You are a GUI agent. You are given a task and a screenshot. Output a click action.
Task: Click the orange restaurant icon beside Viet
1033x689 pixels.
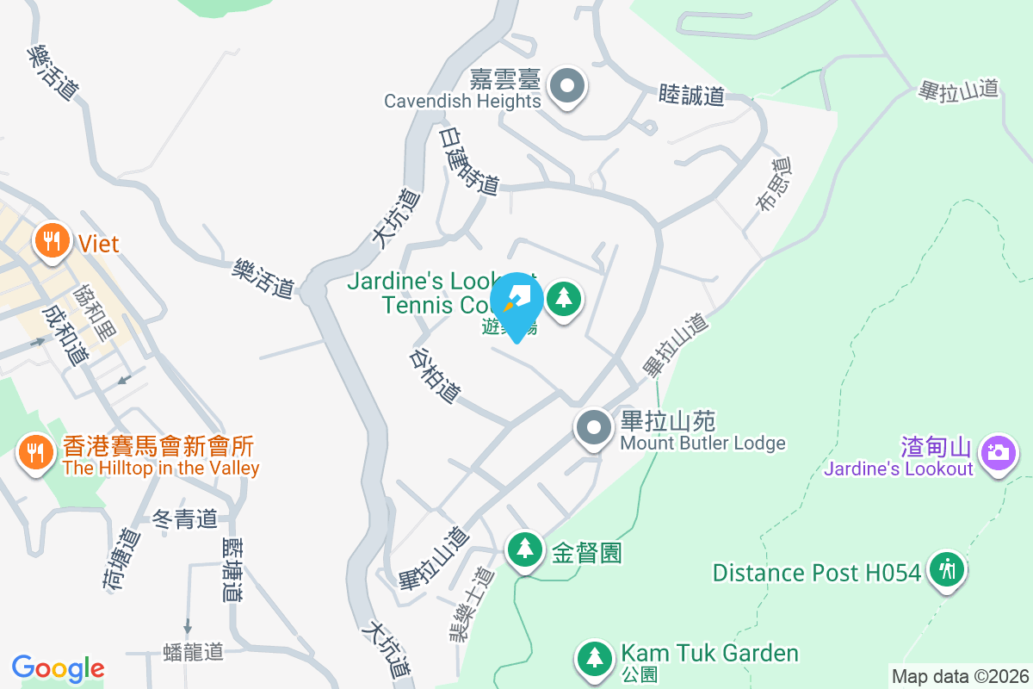(53, 242)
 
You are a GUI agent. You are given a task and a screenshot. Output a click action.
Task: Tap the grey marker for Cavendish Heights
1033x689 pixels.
(566, 86)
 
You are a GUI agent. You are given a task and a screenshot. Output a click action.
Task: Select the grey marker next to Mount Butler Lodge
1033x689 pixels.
(593, 429)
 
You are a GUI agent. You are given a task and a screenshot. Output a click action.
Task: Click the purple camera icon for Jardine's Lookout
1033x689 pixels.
(999, 452)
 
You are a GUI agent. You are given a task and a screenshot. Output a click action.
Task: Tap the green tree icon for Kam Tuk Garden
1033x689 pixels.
(594, 659)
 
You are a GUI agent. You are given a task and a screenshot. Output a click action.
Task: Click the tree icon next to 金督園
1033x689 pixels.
(523, 549)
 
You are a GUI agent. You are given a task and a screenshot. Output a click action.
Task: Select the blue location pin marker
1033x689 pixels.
(516, 303)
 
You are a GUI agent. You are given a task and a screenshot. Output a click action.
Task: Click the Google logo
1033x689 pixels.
(59, 668)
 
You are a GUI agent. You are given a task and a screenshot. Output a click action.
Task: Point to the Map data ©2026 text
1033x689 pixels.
(959, 677)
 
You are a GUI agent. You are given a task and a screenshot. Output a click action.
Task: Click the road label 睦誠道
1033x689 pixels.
(691, 95)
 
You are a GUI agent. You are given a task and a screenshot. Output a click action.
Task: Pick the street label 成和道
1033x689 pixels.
(60, 334)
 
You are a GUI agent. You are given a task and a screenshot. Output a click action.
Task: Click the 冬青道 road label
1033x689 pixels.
(184, 519)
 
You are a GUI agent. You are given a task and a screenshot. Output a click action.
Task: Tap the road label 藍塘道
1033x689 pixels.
(232, 568)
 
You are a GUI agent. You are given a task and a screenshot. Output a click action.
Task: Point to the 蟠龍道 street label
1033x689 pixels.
(194, 651)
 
